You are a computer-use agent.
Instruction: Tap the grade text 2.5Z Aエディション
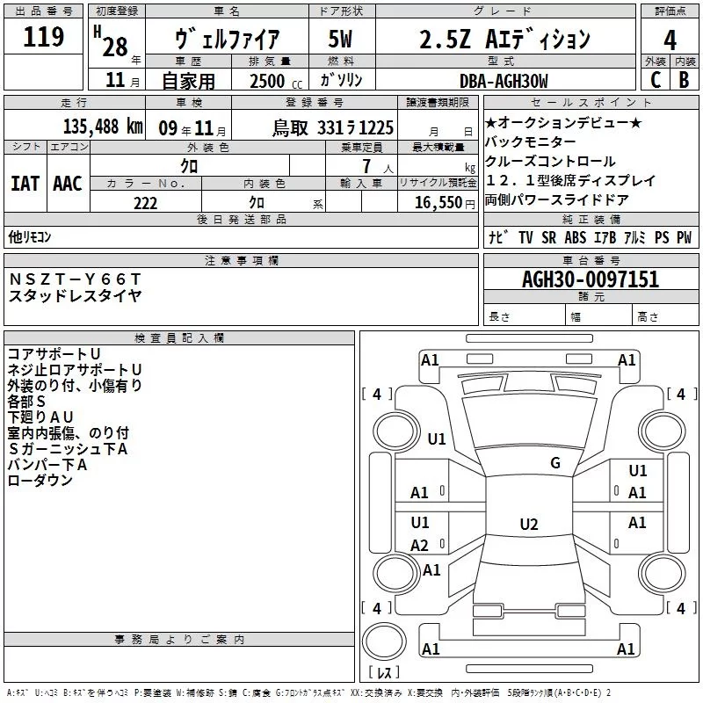(x=503, y=40)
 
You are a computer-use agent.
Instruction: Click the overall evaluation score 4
(x=670, y=40)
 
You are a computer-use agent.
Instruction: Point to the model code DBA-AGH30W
(x=503, y=81)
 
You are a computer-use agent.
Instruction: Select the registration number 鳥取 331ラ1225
(x=332, y=127)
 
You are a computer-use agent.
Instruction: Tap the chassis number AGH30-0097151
(x=590, y=279)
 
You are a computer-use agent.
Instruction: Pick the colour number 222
(x=145, y=203)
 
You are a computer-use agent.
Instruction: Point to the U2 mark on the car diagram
(x=528, y=525)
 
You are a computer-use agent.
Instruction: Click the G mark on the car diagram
(x=555, y=463)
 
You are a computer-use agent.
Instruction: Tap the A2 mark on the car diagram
(x=420, y=545)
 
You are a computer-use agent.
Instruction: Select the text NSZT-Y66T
(x=74, y=279)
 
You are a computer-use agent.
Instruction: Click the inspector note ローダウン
(x=40, y=481)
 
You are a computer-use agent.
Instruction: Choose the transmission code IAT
(x=25, y=184)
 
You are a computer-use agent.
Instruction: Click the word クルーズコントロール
(x=550, y=161)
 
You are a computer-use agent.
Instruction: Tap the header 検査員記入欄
(x=179, y=337)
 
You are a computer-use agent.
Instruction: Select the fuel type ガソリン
(x=343, y=81)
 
